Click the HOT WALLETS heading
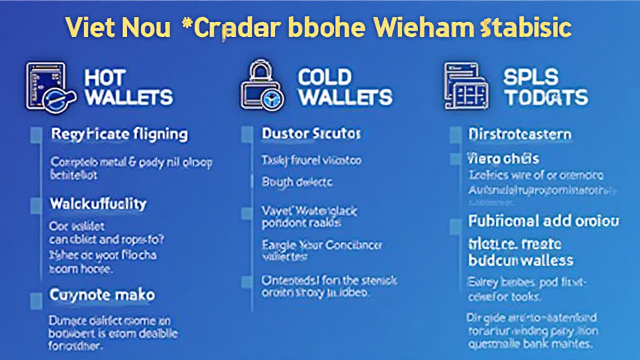[x=127, y=87]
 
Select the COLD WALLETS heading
[x=344, y=87]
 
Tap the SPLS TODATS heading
[x=546, y=87]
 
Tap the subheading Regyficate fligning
[x=119, y=134]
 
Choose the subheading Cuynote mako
[x=102, y=294]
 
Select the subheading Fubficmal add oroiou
[x=543, y=221]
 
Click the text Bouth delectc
[x=297, y=182]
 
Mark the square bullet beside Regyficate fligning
[x=37, y=134]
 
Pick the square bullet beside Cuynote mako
[x=37, y=294]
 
